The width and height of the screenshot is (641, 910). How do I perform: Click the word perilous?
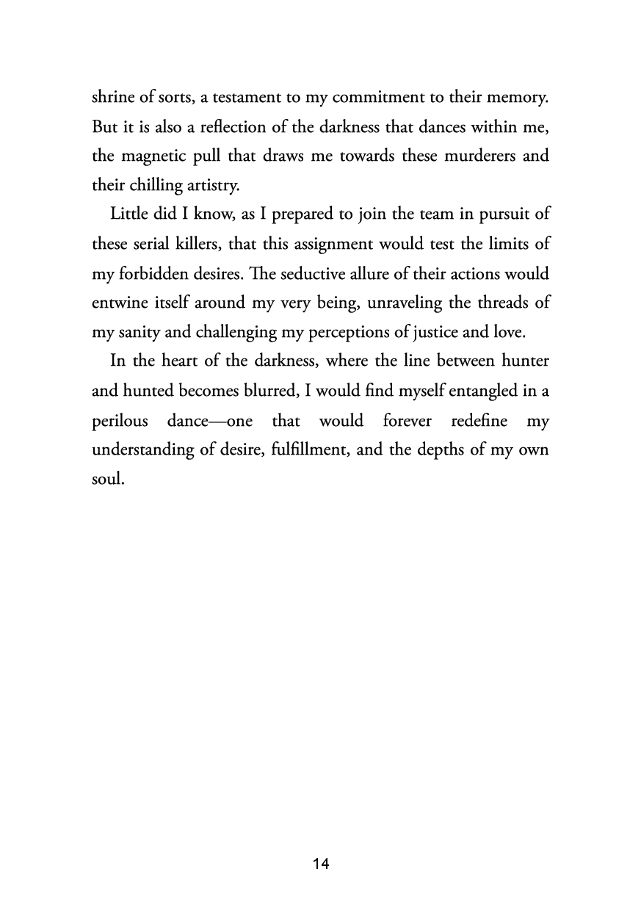(120, 421)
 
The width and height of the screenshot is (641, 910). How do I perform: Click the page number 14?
(321, 864)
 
